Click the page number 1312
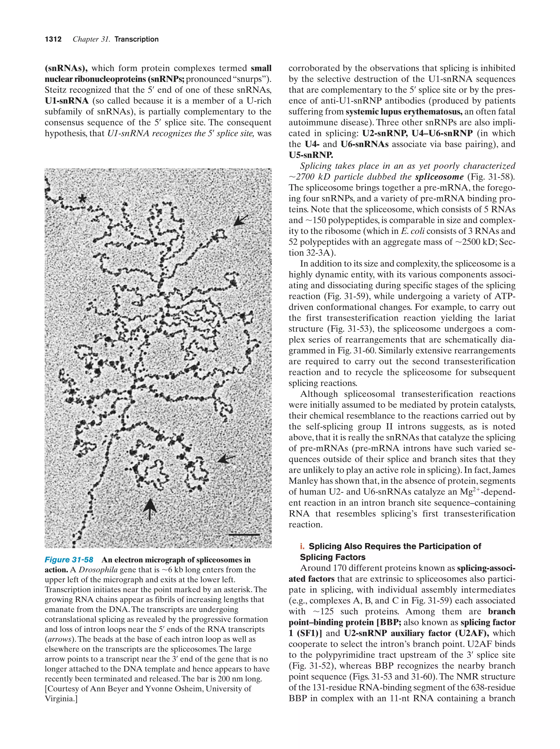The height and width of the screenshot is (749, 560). click(x=53, y=39)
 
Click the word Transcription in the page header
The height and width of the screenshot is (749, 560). click(x=136, y=39)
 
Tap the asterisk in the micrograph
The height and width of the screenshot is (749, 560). click(x=82, y=199)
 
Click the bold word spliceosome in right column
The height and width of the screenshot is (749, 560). click(x=439, y=177)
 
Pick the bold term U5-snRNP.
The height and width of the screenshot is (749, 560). click(x=311, y=155)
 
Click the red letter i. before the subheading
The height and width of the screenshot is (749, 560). click(x=302, y=546)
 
